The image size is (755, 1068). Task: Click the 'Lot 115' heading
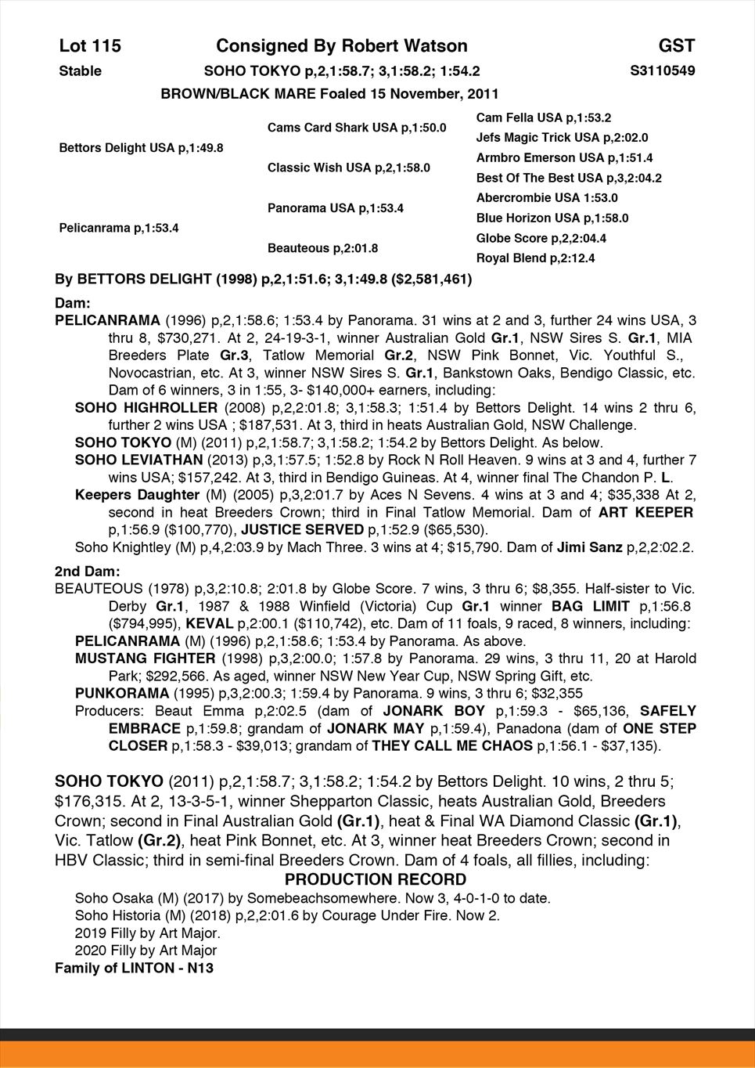90,46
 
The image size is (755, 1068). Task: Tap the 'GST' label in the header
676,46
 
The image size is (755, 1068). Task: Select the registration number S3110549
662,71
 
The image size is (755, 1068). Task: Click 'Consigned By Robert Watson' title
341,46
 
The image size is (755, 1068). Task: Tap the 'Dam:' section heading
73,302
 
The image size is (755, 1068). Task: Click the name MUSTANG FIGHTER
146,658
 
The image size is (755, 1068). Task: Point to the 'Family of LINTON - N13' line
134,968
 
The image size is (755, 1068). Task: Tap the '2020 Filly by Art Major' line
146,951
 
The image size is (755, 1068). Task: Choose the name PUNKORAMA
120,694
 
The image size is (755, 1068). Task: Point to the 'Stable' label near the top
81,71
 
